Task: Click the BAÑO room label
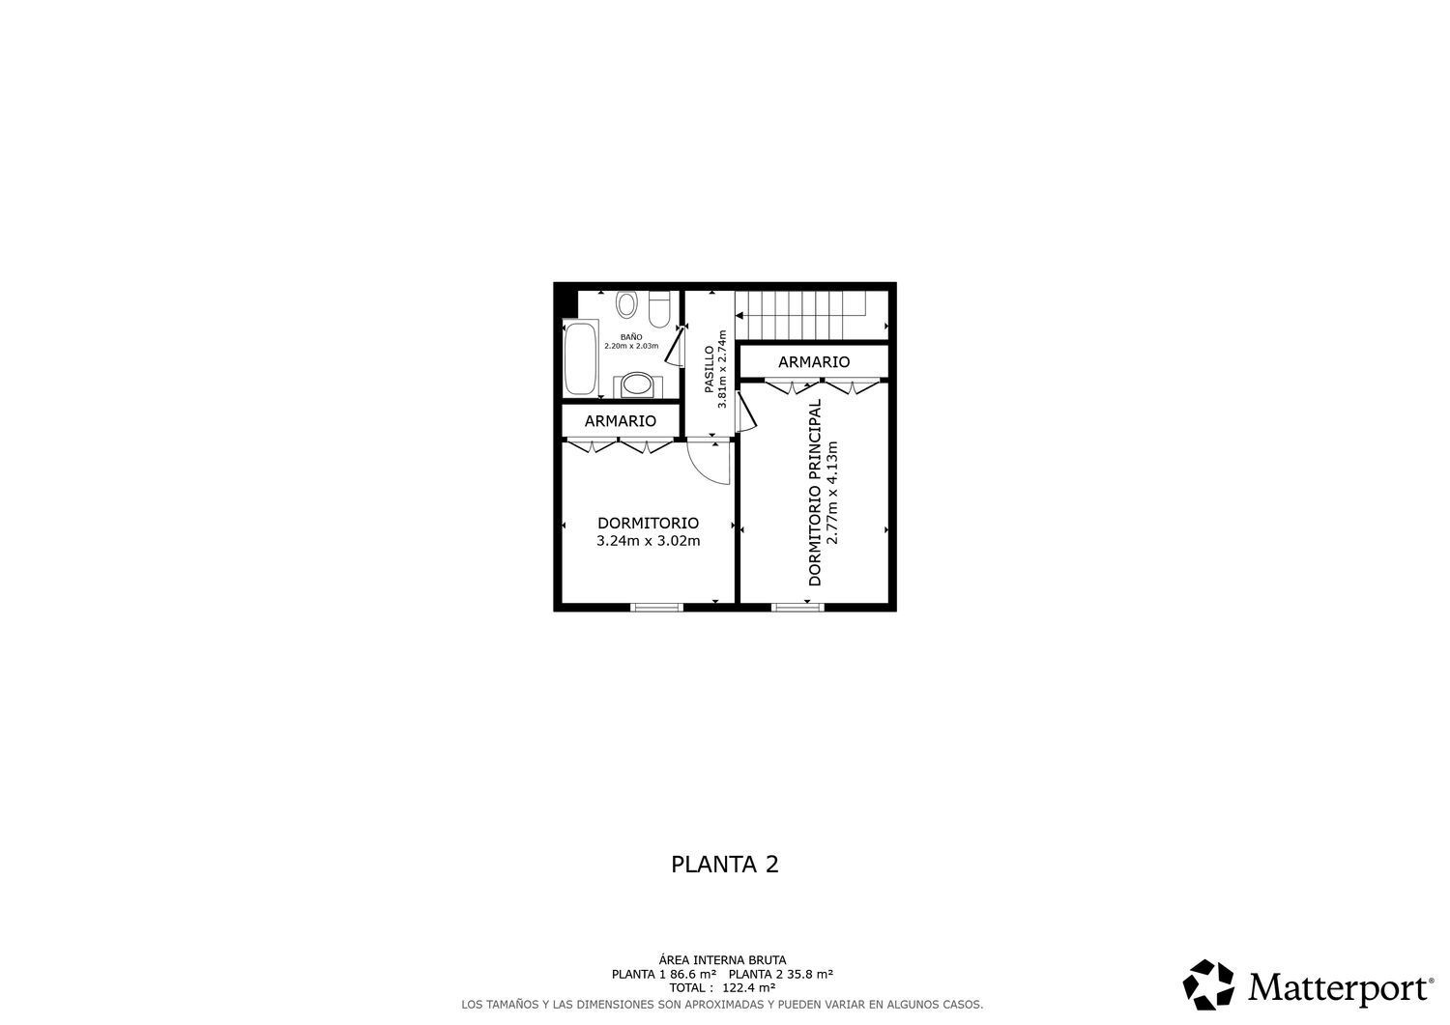pos(631,337)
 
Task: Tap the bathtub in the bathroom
pos(580,358)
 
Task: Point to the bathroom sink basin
pos(636,385)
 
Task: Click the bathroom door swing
pos(677,347)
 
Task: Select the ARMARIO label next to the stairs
pos(814,362)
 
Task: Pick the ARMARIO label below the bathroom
pos(620,421)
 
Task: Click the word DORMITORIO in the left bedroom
pos(648,523)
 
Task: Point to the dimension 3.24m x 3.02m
pos(648,541)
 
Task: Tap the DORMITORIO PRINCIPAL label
pos(814,493)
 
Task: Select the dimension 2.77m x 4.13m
pos(832,493)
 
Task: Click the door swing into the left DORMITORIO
pos(710,463)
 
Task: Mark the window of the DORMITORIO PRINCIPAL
pos(797,607)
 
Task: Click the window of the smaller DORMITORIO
pos(656,607)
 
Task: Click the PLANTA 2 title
pos(724,865)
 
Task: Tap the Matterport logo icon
pos(1208,985)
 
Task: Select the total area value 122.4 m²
pos(748,988)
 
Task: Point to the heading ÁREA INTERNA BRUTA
pos(724,960)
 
